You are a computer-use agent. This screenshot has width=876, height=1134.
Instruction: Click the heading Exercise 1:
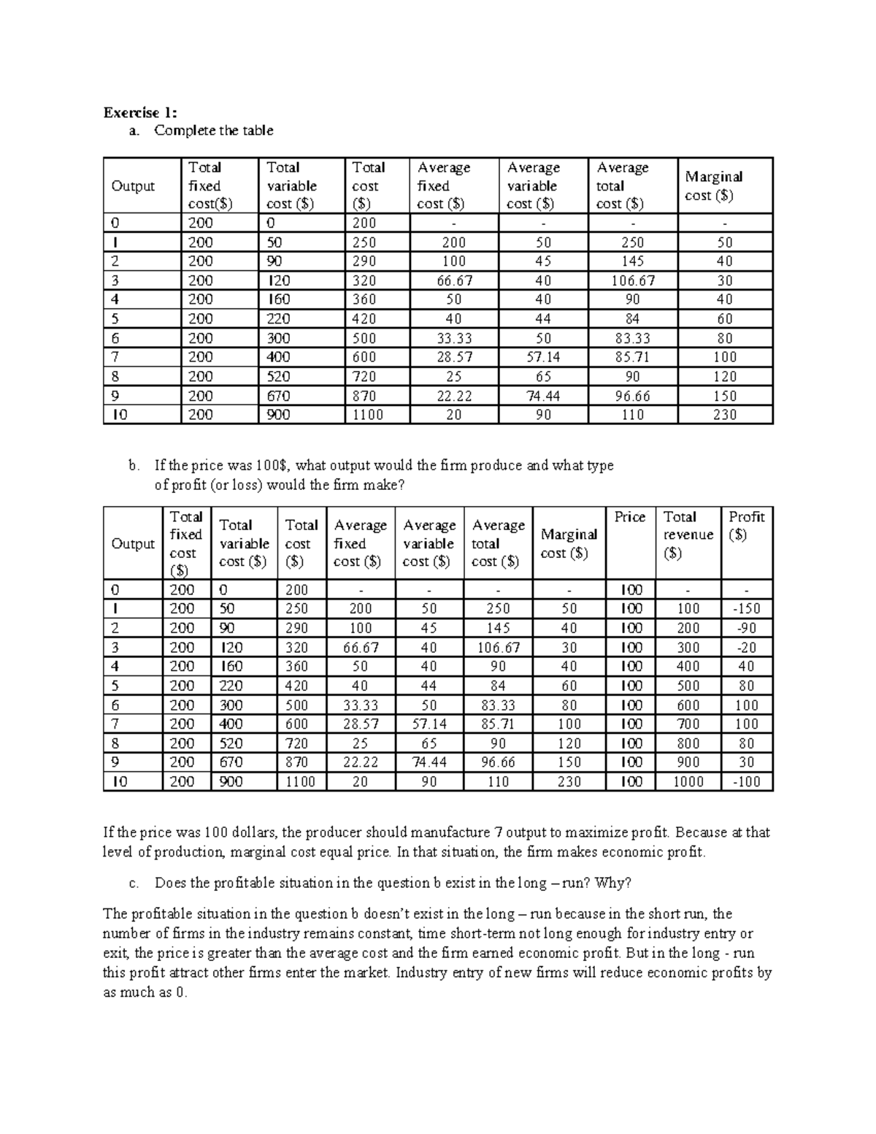coord(139,112)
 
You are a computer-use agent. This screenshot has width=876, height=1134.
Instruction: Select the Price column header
coord(629,517)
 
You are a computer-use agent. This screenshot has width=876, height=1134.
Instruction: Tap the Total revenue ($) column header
coord(688,535)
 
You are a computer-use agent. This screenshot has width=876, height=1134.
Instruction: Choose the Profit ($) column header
coord(746,525)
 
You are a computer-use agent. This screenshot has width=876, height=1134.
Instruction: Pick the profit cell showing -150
coord(746,609)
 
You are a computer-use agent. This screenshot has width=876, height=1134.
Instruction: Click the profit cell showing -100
coord(746,782)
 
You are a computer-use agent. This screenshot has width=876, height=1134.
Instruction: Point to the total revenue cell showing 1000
coord(688,782)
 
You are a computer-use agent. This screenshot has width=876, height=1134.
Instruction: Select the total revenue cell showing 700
coord(688,724)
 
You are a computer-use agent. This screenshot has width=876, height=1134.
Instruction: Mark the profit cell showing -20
coord(746,648)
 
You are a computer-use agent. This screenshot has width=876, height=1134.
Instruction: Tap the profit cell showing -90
coord(746,628)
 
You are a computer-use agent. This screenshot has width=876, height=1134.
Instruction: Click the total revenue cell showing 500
coord(688,686)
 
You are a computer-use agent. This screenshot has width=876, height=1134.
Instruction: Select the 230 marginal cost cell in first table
coord(725,415)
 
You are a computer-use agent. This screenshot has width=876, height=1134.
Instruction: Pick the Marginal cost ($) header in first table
coord(713,186)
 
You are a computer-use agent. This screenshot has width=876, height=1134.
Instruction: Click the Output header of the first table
coord(133,186)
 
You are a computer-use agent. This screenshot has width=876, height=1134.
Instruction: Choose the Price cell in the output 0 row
coord(631,590)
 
